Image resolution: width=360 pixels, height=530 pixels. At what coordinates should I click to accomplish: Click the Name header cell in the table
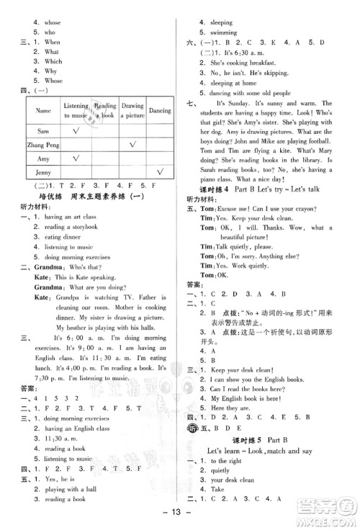tap(43, 111)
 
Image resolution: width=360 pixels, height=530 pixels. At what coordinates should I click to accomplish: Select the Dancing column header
tap(160, 111)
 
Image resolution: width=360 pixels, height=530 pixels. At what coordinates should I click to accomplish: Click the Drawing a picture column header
tap(132, 110)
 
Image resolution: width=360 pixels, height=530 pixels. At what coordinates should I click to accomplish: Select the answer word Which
tap(53, 62)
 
